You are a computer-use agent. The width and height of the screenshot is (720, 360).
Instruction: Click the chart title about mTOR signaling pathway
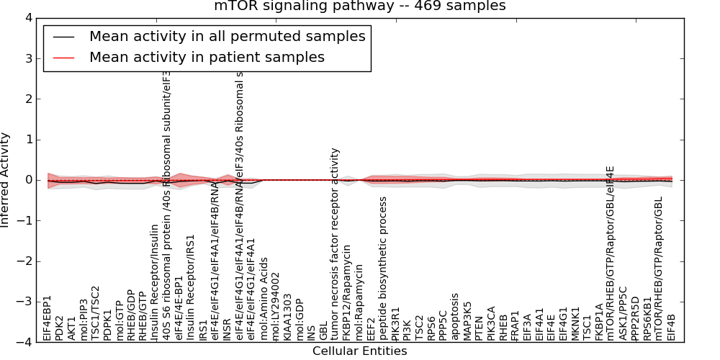[x=359, y=6]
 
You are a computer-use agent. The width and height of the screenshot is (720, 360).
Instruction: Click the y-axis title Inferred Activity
[x=6, y=180]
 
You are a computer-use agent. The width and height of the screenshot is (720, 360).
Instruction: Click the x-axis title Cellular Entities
[x=359, y=351]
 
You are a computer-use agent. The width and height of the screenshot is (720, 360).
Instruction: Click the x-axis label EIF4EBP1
[x=48, y=318]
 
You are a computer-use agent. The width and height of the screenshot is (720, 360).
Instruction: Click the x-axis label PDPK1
[x=108, y=323]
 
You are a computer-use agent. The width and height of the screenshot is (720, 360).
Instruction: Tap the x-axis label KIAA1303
[x=287, y=317]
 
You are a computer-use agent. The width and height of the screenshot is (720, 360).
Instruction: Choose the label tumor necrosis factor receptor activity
[x=336, y=245]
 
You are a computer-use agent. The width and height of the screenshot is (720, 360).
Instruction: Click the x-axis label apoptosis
[x=455, y=317]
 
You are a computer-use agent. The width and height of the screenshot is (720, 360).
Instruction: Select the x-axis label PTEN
[x=480, y=325]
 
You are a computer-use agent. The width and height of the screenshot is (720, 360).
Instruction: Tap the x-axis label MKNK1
[x=575, y=323]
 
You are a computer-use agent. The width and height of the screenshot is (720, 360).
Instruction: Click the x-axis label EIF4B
[x=672, y=326]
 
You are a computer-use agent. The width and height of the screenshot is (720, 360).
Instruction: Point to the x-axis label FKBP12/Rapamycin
[x=348, y=293]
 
